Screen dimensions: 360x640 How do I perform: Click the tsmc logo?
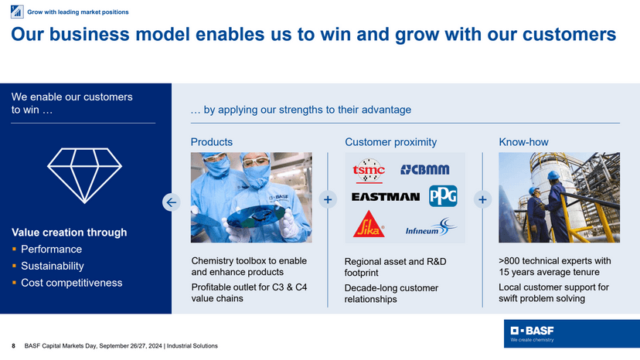369,170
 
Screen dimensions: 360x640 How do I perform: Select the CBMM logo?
424,170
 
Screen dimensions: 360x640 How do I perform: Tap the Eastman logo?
385,196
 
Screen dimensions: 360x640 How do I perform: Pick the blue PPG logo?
443,196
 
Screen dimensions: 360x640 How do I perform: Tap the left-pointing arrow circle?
172,202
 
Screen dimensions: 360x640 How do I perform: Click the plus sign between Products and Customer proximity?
329,200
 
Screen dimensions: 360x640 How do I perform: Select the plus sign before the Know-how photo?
483,200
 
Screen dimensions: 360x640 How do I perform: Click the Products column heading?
212,142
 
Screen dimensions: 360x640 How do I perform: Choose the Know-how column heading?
523,142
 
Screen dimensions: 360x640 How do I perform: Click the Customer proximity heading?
390,142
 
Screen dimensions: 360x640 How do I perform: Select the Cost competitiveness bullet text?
71,283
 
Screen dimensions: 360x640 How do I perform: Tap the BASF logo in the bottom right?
533,333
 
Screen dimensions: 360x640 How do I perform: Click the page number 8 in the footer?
13,345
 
